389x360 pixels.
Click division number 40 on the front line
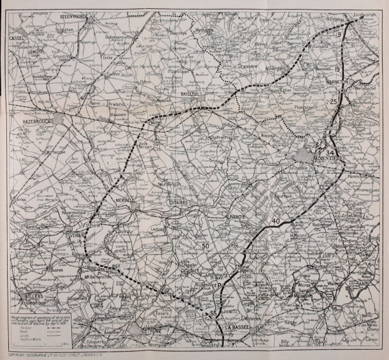pos(275,221)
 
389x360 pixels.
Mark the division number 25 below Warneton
pos(333,101)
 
